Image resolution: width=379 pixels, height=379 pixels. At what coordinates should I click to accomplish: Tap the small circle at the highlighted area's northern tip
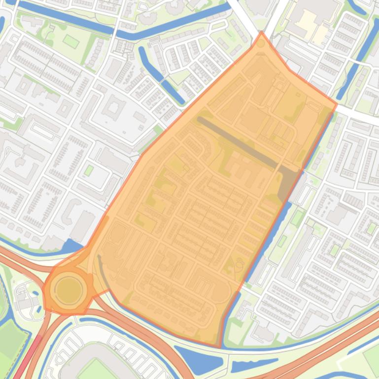click(x=261, y=43)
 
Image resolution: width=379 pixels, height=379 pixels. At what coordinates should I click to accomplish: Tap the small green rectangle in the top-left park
click(x=71, y=41)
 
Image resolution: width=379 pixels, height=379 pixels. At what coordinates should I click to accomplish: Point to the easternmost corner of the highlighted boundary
click(x=337, y=104)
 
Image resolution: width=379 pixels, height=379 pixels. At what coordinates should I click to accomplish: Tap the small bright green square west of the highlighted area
click(x=89, y=170)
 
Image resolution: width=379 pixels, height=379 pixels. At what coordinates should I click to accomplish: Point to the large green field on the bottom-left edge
click(x=11, y=340)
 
